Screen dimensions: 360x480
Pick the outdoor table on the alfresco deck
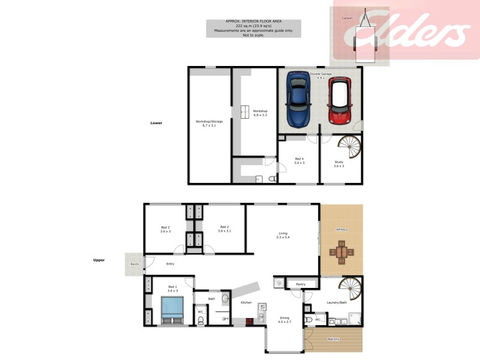coord(341,252)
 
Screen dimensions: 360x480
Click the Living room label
coord(283,234)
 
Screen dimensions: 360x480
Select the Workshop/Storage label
coord(209,121)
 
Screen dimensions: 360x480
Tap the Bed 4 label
coord(299,159)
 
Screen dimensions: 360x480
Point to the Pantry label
coord(301,284)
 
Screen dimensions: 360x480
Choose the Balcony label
coord(333,340)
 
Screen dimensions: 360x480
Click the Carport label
coord(348,19)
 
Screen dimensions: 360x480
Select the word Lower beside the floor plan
coord(157,122)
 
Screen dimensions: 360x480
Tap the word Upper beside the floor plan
coord(99,260)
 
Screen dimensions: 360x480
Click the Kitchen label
coord(246,302)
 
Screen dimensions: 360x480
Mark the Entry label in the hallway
coord(170,263)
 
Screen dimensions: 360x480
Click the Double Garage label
coord(320,74)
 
